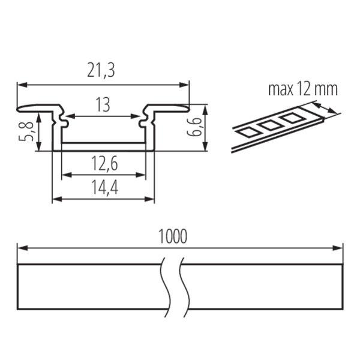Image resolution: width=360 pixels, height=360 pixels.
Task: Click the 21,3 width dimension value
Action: [x=101, y=70]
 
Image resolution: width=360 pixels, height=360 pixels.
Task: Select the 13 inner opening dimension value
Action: [x=103, y=104]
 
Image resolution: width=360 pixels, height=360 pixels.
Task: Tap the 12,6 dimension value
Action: [x=104, y=163]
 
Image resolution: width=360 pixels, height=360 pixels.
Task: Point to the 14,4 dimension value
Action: [x=104, y=187]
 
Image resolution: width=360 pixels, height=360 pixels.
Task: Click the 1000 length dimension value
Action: [x=173, y=236]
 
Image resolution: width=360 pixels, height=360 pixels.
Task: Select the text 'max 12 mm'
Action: [x=303, y=89]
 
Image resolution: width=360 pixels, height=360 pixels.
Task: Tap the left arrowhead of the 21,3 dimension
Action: [x=22, y=85]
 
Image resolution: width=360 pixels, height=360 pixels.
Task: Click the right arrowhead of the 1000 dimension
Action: [x=338, y=248]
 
